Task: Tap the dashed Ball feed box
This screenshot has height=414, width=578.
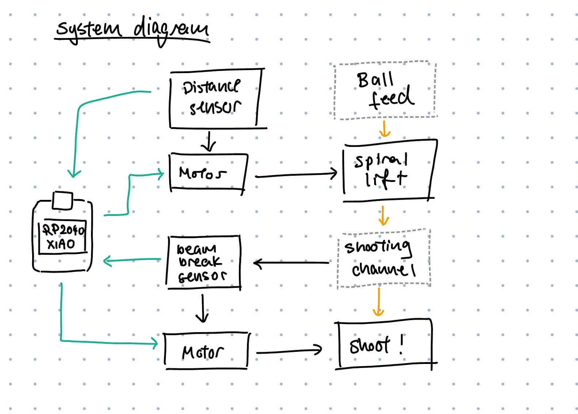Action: tap(385, 91)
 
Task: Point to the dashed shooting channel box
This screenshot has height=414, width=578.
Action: tap(384, 258)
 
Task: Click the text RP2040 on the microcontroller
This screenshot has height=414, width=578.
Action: tap(63, 230)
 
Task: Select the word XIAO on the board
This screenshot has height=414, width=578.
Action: tap(61, 244)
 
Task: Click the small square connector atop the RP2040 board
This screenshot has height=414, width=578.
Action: tap(62, 200)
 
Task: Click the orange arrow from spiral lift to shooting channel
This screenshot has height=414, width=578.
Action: tap(383, 216)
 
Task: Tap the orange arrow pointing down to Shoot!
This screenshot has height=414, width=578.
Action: tap(379, 302)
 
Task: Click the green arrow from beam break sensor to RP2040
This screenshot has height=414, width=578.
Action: tap(132, 260)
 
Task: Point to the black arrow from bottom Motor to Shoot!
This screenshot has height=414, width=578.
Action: tap(289, 352)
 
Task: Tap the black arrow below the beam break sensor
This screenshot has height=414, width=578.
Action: tap(202, 309)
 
